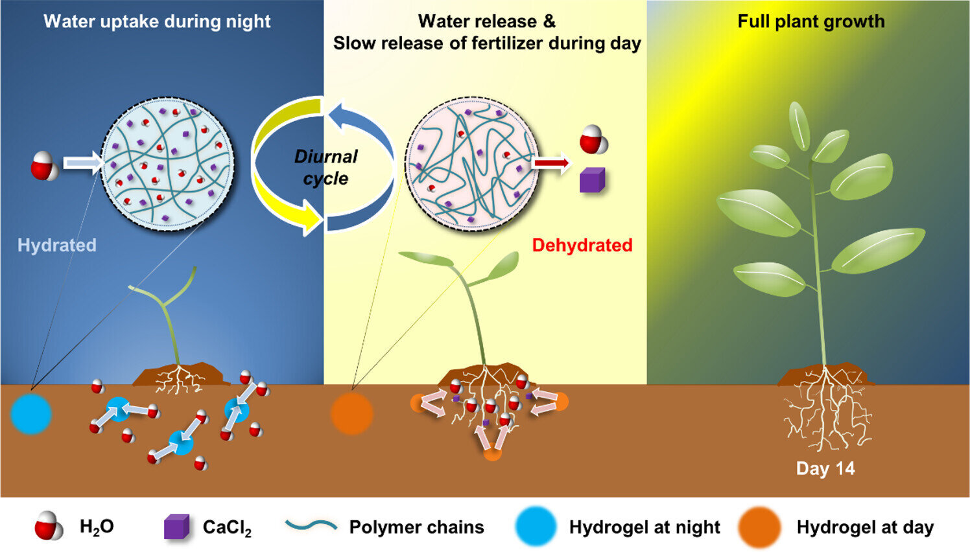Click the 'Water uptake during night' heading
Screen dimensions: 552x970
point(157,21)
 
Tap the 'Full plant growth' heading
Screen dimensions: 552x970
point(810,21)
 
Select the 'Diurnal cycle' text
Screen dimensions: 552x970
point(325,167)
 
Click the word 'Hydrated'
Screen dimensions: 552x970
point(57,245)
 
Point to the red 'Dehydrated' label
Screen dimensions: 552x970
point(582,245)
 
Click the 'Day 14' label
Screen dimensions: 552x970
point(825,468)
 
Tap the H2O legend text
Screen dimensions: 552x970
point(97,527)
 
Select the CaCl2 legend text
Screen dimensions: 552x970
point(227,527)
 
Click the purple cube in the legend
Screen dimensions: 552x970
point(176,527)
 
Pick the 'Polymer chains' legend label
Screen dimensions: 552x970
point(416,527)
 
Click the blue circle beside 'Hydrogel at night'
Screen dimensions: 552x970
point(536,526)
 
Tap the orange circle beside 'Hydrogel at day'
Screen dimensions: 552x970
point(759,527)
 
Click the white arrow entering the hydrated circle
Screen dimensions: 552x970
point(82,163)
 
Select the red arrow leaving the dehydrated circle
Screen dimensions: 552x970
point(552,164)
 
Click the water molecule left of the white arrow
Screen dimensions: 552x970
point(44,166)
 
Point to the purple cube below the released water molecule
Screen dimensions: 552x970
point(592,180)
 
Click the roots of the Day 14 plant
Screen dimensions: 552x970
point(827,411)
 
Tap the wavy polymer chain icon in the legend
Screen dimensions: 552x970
point(311,525)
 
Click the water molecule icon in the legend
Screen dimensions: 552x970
point(49,525)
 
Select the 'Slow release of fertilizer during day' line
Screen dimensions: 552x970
point(486,43)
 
